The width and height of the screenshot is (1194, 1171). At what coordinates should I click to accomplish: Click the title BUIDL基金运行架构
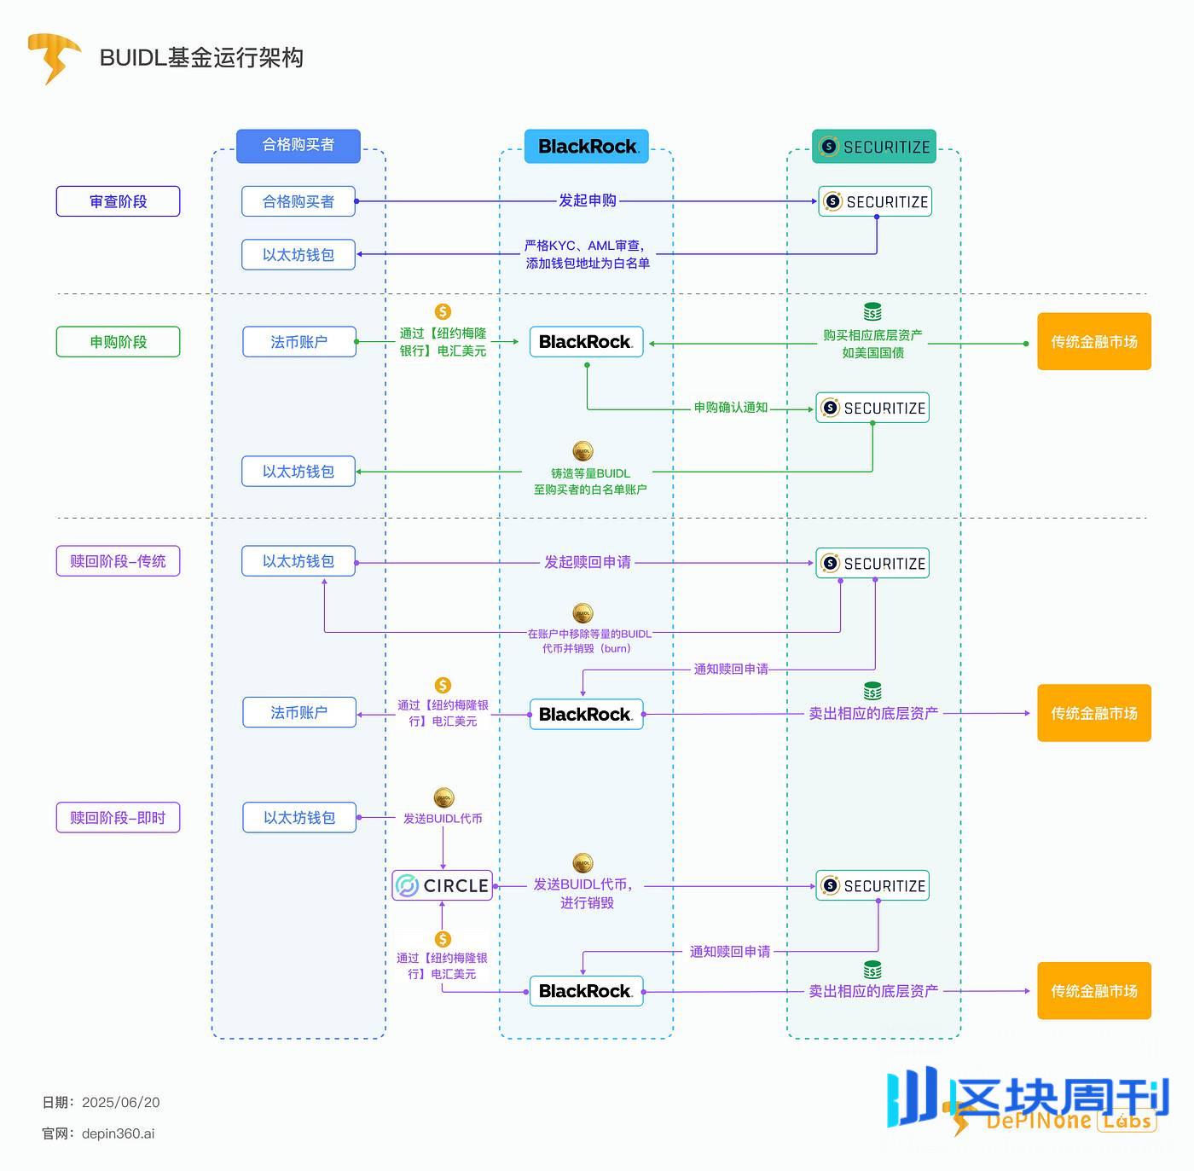(x=201, y=57)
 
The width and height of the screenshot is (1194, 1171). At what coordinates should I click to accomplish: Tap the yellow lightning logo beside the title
(x=53, y=57)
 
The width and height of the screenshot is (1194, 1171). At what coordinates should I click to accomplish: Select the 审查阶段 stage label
(x=118, y=201)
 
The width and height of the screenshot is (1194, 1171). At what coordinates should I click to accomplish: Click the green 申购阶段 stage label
(x=118, y=342)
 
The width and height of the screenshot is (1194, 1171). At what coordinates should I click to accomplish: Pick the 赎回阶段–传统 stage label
(x=118, y=561)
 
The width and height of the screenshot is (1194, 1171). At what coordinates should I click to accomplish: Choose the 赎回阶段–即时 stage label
(x=118, y=818)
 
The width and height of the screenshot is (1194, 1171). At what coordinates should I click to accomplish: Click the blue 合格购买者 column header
(x=298, y=145)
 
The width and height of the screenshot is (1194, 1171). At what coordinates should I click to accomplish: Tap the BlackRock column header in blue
(x=587, y=147)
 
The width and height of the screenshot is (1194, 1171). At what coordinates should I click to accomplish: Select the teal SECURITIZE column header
(x=874, y=147)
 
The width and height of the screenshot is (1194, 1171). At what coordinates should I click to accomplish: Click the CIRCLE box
(x=443, y=885)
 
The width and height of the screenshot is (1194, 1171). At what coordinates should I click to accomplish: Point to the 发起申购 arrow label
(x=587, y=200)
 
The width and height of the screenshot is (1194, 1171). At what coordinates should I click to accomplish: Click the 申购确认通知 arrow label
(x=730, y=408)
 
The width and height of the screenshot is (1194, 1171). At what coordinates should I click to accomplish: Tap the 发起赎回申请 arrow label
(x=588, y=562)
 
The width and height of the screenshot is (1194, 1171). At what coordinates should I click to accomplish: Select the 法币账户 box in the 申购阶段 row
(x=299, y=342)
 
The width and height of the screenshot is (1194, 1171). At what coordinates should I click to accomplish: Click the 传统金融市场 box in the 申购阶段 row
(x=1093, y=342)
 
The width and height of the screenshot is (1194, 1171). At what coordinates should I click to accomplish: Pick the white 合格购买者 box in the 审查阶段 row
(x=298, y=201)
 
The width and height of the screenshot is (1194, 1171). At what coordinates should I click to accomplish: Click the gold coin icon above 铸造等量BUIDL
(x=583, y=451)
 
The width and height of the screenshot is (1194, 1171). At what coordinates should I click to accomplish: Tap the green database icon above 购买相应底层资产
(x=872, y=311)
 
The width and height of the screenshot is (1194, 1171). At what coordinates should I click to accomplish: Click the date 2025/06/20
(x=120, y=1102)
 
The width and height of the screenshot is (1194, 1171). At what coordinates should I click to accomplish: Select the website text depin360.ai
(x=118, y=1133)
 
